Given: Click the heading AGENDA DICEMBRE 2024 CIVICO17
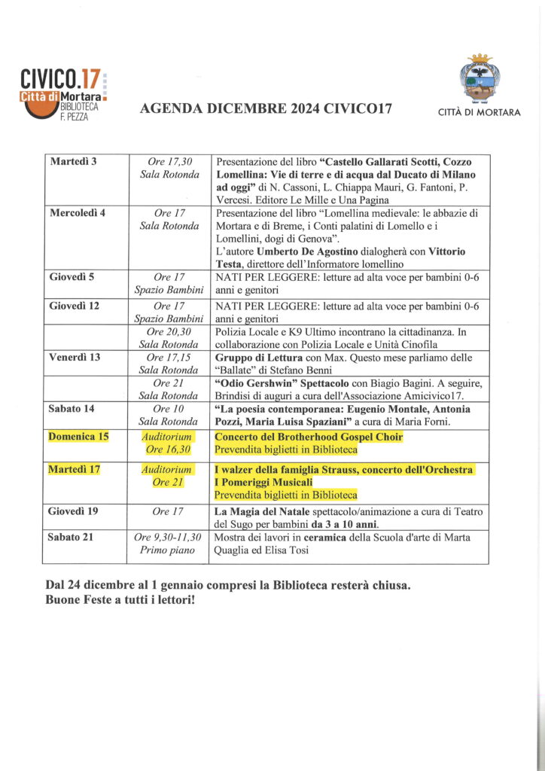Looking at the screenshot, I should [266, 110].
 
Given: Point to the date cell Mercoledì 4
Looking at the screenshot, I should [78, 212].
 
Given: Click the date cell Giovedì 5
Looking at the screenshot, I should [72, 276].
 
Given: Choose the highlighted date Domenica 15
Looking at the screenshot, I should [79, 437].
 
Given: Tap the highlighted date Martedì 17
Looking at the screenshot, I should [75, 470].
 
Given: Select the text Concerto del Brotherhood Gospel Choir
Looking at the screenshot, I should [309, 437].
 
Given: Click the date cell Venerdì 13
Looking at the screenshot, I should [75, 357].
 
